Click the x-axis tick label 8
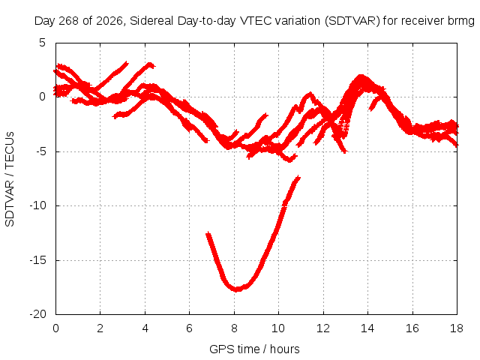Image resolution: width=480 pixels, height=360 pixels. (x=234, y=328)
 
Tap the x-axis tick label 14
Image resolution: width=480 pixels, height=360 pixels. (x=367, y=328)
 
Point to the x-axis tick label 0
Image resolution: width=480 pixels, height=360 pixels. (x=55, y=328)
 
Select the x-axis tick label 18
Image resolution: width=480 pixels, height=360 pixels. (x=457, y=328)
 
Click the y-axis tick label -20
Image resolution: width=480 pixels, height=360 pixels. (x=37, y=314)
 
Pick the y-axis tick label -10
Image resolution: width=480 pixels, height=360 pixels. (x=37, y=205)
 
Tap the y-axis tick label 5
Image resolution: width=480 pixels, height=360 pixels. (x=42, y=43)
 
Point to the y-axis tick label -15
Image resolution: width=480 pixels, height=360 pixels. (x=37, y=260)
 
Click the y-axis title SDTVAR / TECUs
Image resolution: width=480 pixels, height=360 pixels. (x=10, y=179)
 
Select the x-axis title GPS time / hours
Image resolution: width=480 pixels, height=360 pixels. (x=254, y=349)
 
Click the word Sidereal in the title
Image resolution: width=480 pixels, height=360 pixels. (x=151, y=21)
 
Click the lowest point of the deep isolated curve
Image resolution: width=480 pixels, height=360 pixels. (x=237, y=289)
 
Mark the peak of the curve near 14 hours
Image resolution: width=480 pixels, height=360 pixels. (x=361, y=76)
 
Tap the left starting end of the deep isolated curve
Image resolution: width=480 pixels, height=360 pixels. (x=208, y=234)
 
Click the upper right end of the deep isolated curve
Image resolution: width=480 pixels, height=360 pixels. (x=298, y=178)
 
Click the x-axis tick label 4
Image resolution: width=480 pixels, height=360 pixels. (x=145, y=328)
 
